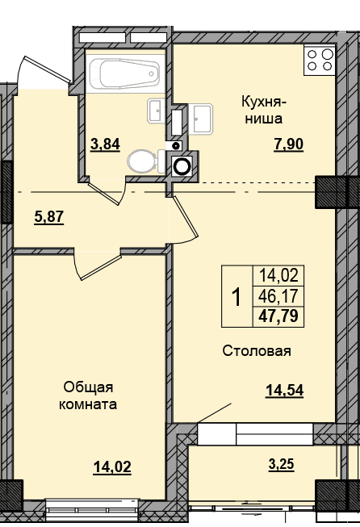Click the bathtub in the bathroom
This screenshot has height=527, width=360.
point(125,73)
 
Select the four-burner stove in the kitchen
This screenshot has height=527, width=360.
point(320,60)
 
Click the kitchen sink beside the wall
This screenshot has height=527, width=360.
point(200,119)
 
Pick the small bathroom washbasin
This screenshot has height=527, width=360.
point(156,111)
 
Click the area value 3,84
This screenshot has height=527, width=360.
point(105,144)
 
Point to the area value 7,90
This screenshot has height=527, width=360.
point(288,144)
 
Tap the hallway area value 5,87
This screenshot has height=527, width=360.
point(48,217)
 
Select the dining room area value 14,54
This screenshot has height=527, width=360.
point(284,391)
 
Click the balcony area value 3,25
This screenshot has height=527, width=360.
point(282,465)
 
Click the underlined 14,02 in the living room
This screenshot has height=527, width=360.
point(112,467)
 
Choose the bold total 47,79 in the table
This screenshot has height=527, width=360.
point(278,316)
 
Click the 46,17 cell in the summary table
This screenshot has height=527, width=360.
point(278,296)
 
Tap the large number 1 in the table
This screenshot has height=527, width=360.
point(237,297)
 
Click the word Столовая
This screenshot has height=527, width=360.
point(257,351)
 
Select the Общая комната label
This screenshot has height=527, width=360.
point(88,396)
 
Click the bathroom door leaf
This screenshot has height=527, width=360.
point(104,194)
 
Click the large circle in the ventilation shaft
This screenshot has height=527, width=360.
point(182,165)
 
